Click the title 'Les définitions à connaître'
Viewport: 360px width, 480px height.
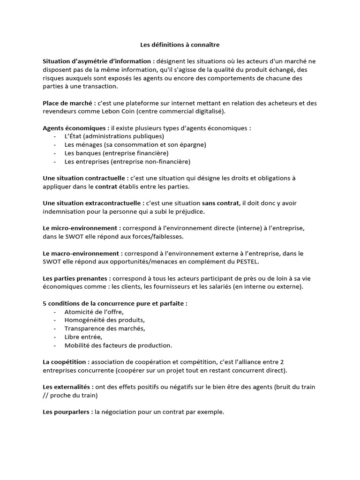tap(180, 45)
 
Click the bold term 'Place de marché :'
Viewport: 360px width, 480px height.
tap(69, 103)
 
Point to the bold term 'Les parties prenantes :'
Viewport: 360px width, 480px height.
tap(77, 278)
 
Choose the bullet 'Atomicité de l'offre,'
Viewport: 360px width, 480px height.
tap(94, 312)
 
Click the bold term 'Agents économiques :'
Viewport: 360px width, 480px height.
tap(76, 127)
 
